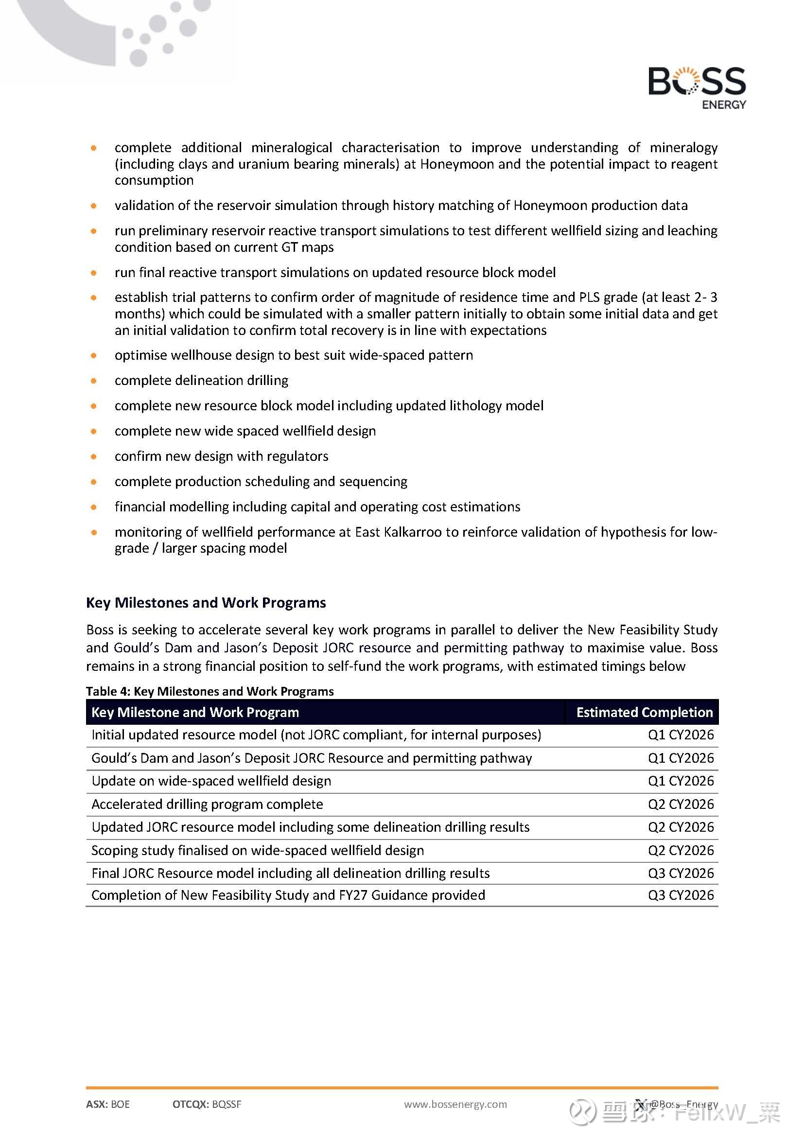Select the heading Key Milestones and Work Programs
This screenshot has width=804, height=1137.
point(206,603)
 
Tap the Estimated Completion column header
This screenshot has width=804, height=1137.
point(644,712)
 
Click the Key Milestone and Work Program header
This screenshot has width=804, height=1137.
point(195,712)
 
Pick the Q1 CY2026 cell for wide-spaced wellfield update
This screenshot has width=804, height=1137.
point(681,781)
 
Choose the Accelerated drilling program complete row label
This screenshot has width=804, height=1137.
point(207,804)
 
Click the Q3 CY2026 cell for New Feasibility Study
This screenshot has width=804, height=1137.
point(681,895)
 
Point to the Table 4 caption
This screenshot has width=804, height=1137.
point(210,691)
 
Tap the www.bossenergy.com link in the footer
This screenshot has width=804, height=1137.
point(455,1104)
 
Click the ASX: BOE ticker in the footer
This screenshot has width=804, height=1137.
point(108,1104)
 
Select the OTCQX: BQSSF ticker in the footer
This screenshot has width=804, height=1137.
point(207,1104)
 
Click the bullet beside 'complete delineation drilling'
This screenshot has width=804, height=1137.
point(93,381)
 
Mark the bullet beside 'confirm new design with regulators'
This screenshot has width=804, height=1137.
point(93,456)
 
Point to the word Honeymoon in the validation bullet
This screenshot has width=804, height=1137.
point(550,206)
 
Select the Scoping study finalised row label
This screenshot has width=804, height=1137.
point(258,850)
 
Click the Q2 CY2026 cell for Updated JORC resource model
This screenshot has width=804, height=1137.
point(681,827)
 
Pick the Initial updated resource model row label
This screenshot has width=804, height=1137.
point(316,735)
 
